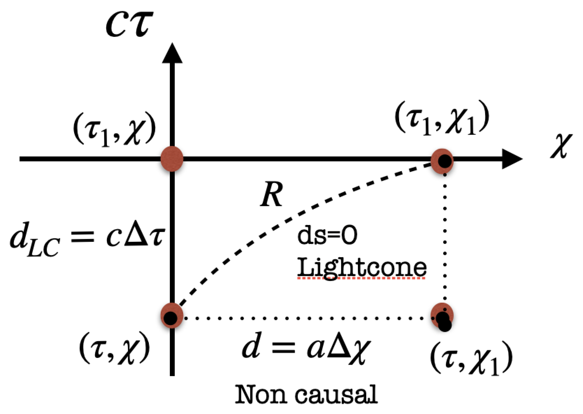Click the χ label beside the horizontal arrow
coord(561,146)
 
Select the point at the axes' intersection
coord(172,159)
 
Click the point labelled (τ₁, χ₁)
coord(442,161)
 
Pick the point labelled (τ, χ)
coord(172,316)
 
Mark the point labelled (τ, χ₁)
coord(442,316)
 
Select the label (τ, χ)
coord(114,348)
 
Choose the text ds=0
coord(327,235)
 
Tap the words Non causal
coord(306,395)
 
